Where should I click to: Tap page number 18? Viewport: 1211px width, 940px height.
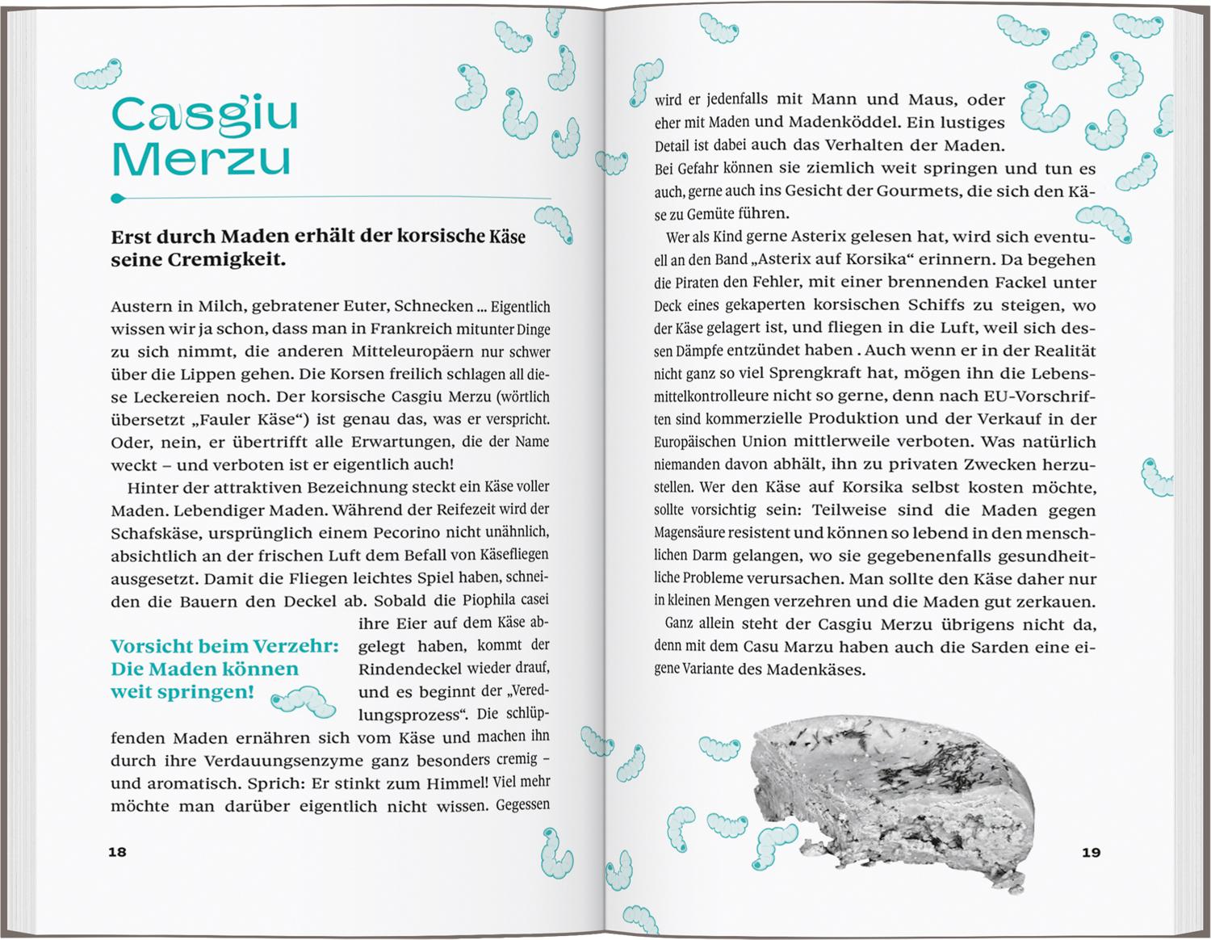tap(118, 852)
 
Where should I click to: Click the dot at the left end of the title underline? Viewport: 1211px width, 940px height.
tap(116, 197)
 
